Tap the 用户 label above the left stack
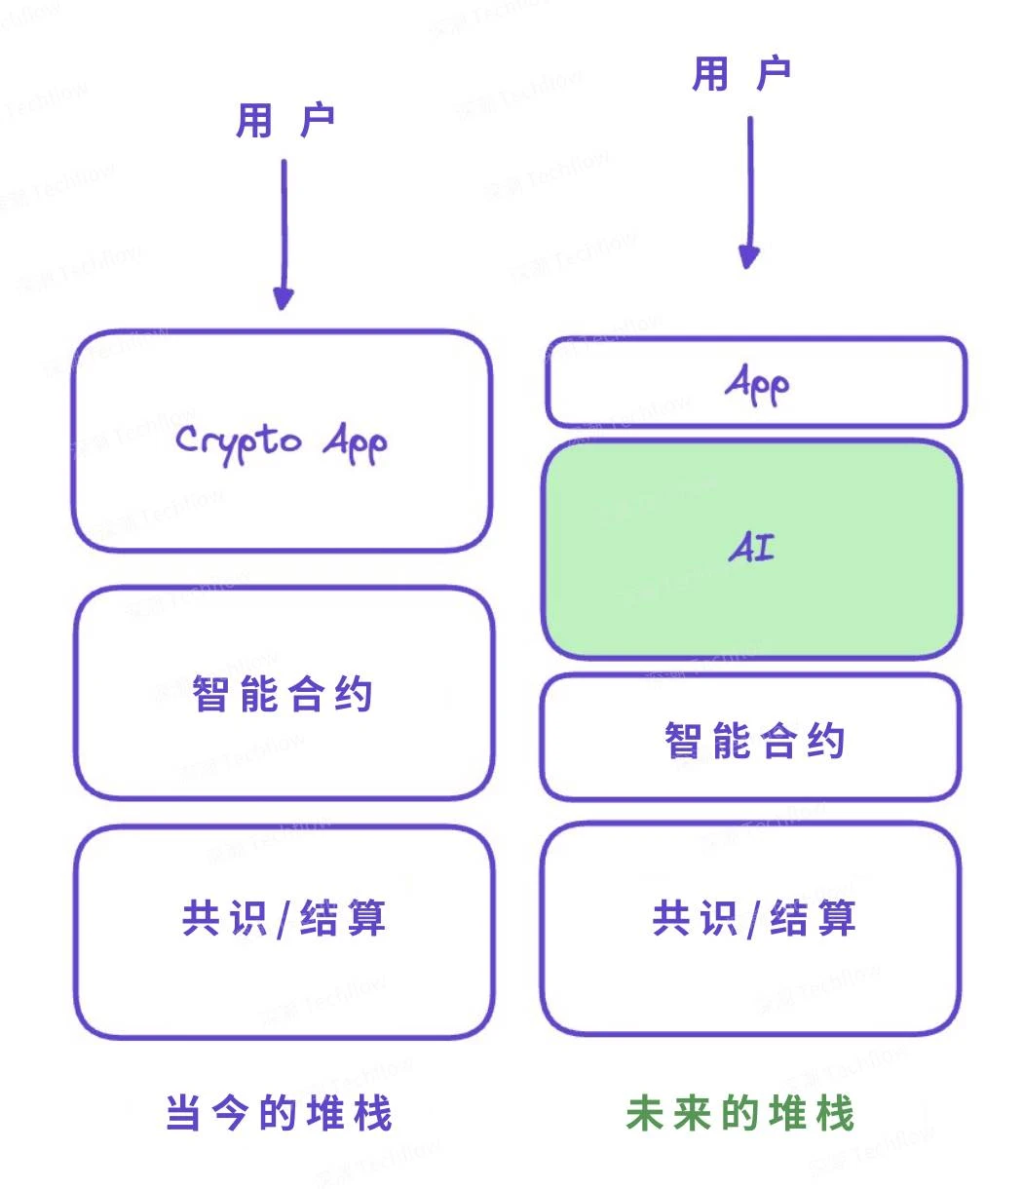(284, 122)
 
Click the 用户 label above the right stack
(741, 74)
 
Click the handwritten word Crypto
(239, 441)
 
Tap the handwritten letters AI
(752, 550)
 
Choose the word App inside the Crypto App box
(355, 444)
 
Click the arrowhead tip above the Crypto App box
(284, 305)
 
